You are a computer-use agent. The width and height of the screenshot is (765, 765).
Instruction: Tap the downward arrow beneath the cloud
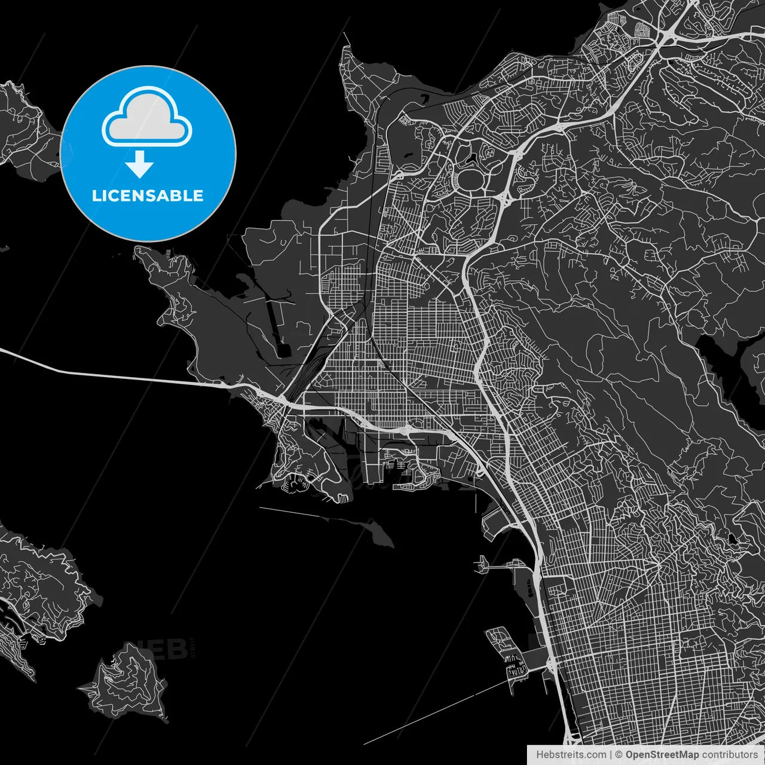[x=140, y=164]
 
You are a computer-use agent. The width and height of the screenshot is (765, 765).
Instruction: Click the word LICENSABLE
[x=147, y=195]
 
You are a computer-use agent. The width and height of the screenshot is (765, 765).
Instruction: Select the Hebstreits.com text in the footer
[x=571, y=755]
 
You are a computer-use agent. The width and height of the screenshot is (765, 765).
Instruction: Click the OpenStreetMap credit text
[x=662, y=755]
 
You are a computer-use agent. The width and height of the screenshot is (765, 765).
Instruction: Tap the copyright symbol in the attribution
[x=619, y=755]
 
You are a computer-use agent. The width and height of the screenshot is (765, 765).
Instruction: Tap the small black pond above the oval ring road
[x=473, y=158]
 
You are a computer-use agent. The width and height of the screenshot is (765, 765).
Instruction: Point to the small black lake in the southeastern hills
[x=732, y=540]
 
